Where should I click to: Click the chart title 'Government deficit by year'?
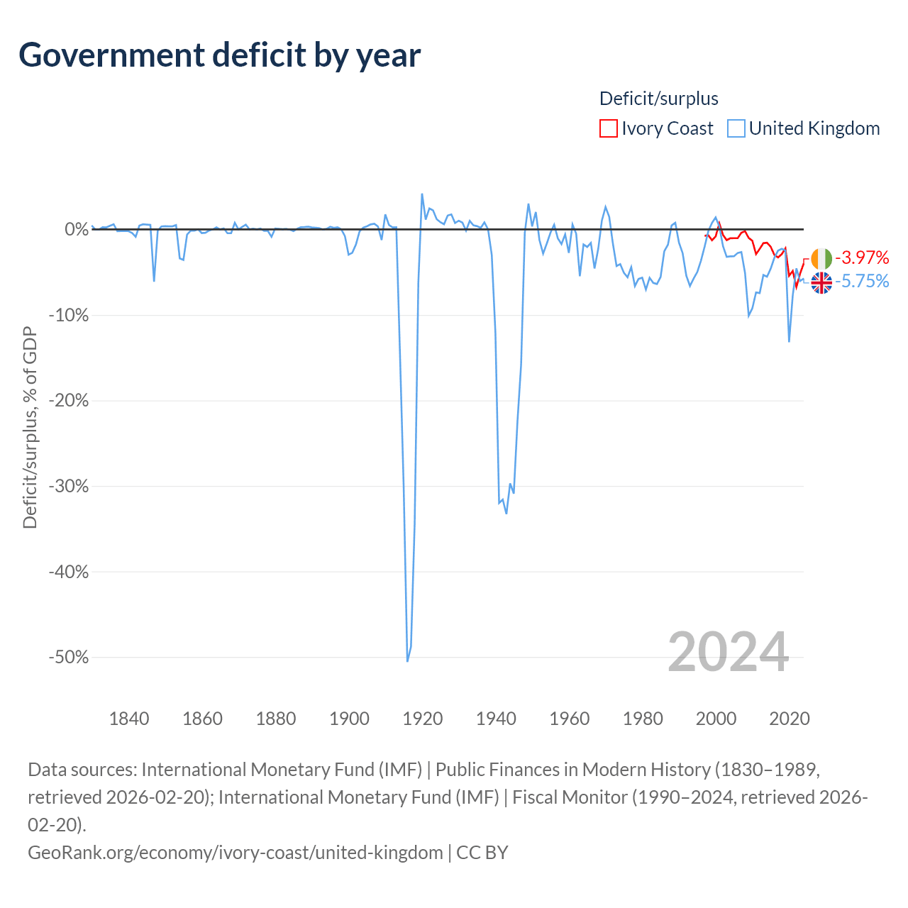click(219, 55)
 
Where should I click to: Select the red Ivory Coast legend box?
click(609, 128)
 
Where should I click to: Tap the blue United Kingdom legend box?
click(736, 128)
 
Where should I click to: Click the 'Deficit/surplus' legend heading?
click(659, 99)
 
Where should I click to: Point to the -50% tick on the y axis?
click(69, 657)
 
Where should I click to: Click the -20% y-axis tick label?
click(69, 401)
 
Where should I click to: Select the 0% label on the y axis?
click(77, 229)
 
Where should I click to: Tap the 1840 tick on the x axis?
click(129, 719)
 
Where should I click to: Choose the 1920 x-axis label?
click(423, 719)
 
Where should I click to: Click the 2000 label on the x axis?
click(716, 719)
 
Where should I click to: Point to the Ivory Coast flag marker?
click(821, 258)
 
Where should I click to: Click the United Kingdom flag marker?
click(821, 283)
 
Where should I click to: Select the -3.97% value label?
click(862, 258)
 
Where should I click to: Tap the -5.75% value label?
click(862, 282)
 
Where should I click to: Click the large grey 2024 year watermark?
click(728, 652)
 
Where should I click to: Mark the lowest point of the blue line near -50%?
click(407, 661)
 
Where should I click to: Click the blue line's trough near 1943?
click(506, 513)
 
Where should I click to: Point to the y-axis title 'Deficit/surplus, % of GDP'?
click(31, 427)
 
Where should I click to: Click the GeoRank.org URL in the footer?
click(235, 853)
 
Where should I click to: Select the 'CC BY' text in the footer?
click(482, 853)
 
